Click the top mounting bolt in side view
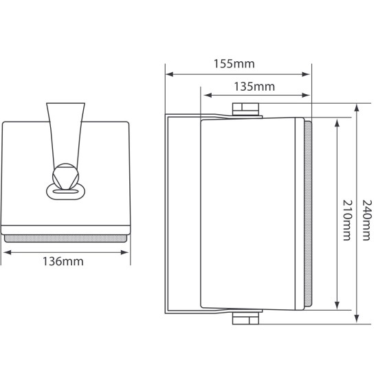[247, 108]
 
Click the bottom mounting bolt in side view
[247, 319]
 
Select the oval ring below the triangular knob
[66, 190]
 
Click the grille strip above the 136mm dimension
[66, 238]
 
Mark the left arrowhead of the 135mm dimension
[204, 96]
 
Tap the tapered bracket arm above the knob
[66, 131]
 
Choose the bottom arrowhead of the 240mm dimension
[357, 320]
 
